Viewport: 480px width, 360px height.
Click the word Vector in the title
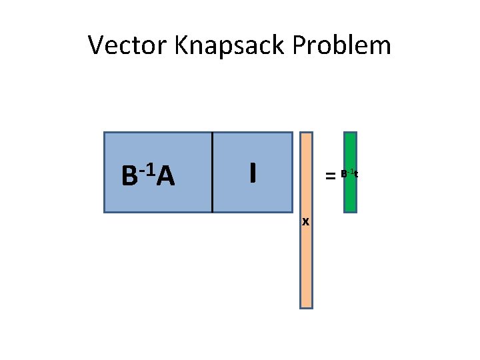pos(127,46)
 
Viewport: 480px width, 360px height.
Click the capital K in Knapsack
pos(181,46)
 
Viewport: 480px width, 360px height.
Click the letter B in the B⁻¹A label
pos(129,177)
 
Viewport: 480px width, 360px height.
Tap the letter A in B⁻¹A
pos(167,177)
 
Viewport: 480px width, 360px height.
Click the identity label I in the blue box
pos(252,173)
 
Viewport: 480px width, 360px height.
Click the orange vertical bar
pos(306,253)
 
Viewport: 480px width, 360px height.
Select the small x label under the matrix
pos(305,221)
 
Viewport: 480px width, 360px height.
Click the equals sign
pos(329,176)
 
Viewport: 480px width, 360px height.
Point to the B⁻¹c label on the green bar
pos(349,174)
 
